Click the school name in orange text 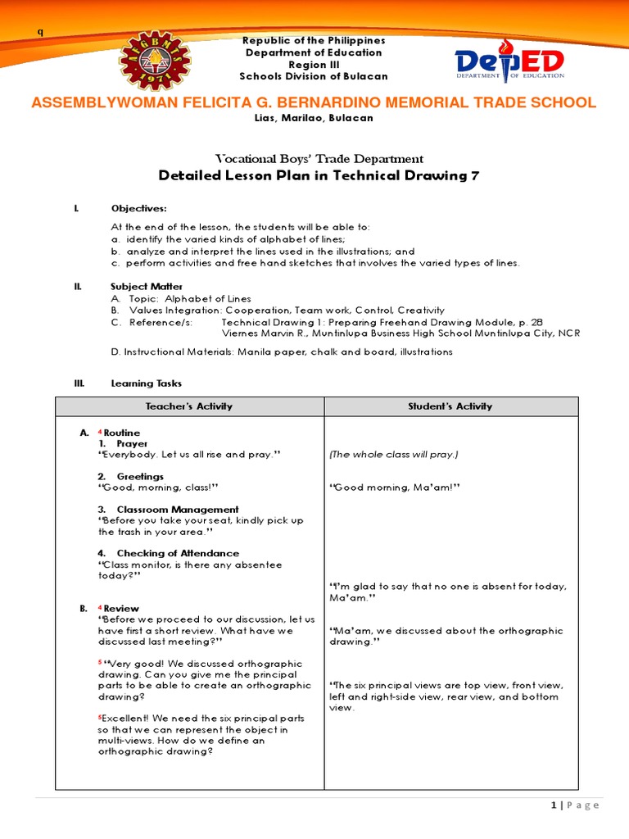(313, 102)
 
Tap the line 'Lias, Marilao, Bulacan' (314, 118)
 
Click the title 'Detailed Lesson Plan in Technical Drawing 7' (319, 175)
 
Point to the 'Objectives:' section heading (138, 209)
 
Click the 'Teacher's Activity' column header (189, 406)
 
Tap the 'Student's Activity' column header (451, 406)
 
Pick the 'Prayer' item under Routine (132, 443)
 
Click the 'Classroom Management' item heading (178, 510)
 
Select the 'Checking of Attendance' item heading (178, 554)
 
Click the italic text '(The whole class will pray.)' (393, 455)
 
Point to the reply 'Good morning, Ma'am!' (395, 488)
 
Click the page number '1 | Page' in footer (575, 805)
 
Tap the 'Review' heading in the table (121, 609)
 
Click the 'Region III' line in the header (314, 65)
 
